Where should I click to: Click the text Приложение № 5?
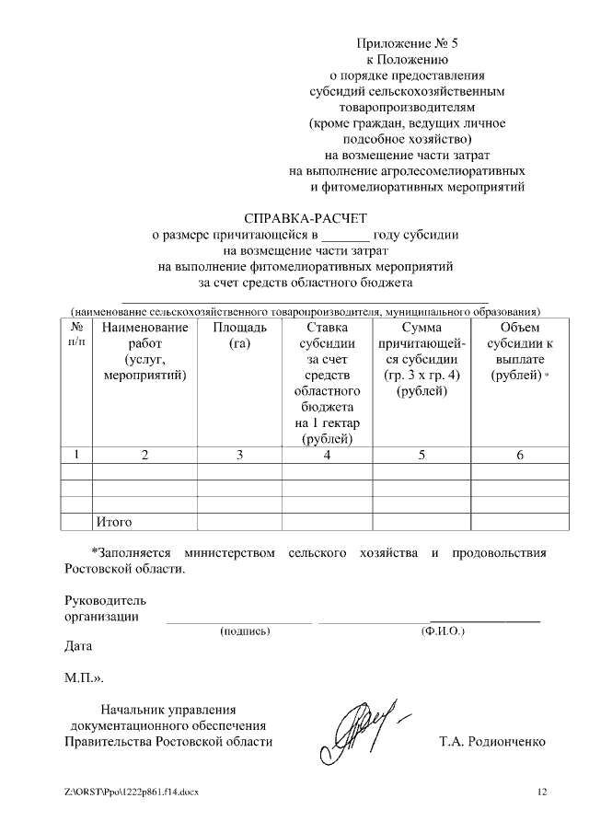point(406,43)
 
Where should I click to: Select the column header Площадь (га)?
point(239,335)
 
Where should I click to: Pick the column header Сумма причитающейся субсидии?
point(422,359)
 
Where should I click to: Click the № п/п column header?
point(76,335)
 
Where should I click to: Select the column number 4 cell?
point(327,454)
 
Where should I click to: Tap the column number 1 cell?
point(76,454)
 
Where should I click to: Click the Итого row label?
point(114,522)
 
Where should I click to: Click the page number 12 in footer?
point(541,792)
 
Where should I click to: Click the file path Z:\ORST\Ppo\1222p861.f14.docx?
point(132,792)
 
